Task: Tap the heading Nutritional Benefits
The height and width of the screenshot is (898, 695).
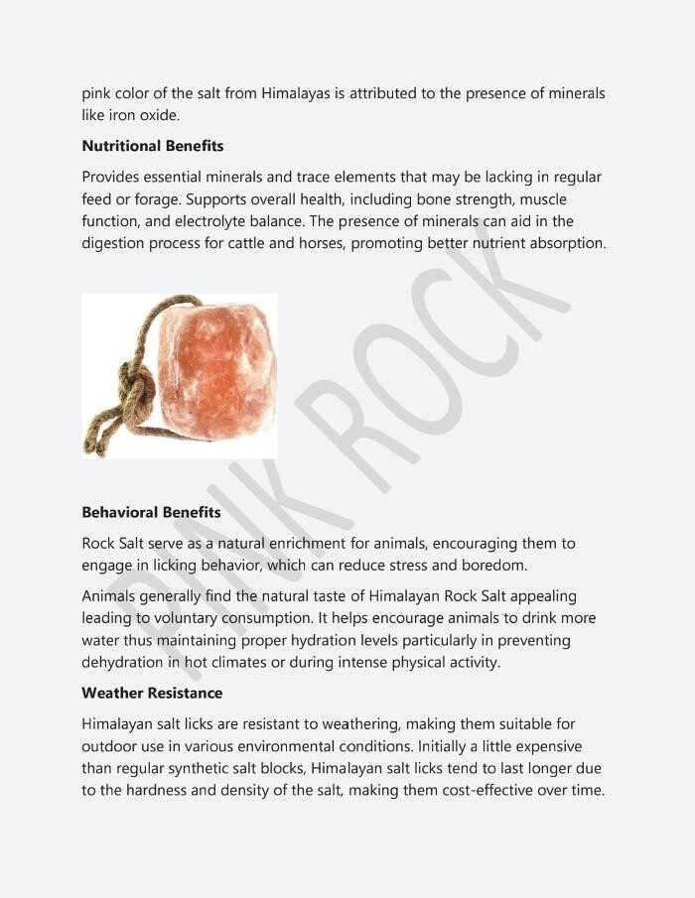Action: pyautogui.click(x=153, y=146)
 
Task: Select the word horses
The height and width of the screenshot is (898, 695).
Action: pyautogui.click(x=325, y=243)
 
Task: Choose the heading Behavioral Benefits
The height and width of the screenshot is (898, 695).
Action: pyautogui.click(x=151, y=513)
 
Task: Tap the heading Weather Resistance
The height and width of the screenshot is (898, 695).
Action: pyautogui.click(x=152, y=693)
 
